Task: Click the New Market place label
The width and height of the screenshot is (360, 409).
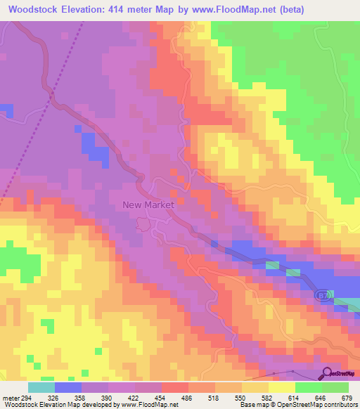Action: (148, 205)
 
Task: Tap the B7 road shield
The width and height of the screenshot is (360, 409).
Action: (320, 294)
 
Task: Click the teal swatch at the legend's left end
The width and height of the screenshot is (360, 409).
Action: (41, 387)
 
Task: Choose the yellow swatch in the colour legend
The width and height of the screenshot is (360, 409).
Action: (282, 387)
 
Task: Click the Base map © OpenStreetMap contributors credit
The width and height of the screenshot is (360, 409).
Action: (298, 405)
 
